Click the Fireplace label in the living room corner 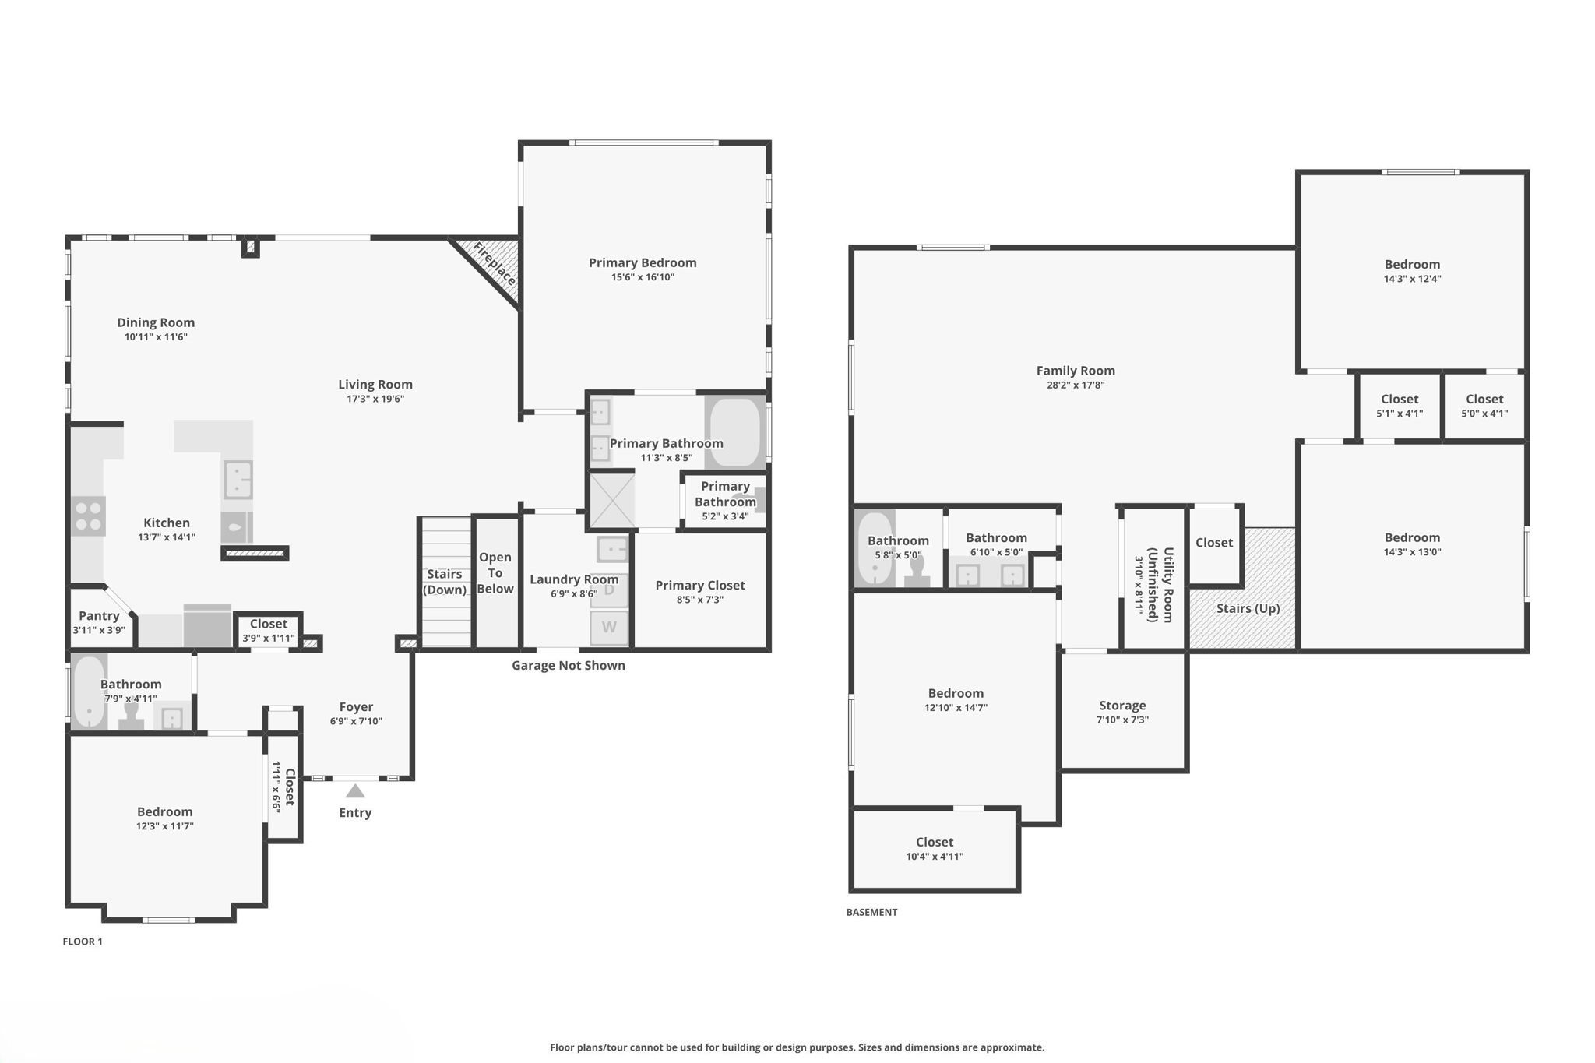pos(494,264)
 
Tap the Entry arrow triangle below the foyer pos(355,791)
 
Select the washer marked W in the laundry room pos(609,627)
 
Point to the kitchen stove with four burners pos(88,516)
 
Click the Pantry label pos(99,616)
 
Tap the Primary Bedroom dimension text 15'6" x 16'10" pos(643,277)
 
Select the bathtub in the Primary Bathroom pos(734,433)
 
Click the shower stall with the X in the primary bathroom pos(611,502)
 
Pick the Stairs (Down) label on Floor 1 pos(444,582)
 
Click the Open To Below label pos(495,573)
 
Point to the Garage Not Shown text pos(568,665)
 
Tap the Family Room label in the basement pos(1075,371)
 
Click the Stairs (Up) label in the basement pos(1248,608)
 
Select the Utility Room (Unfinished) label pos(1160,584)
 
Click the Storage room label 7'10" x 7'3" pos(1122,712)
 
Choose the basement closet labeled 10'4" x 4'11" pos(935,848)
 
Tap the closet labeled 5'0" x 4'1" pos(1484,405)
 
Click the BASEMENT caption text pos(871,912)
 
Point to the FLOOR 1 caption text pos(83,942)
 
